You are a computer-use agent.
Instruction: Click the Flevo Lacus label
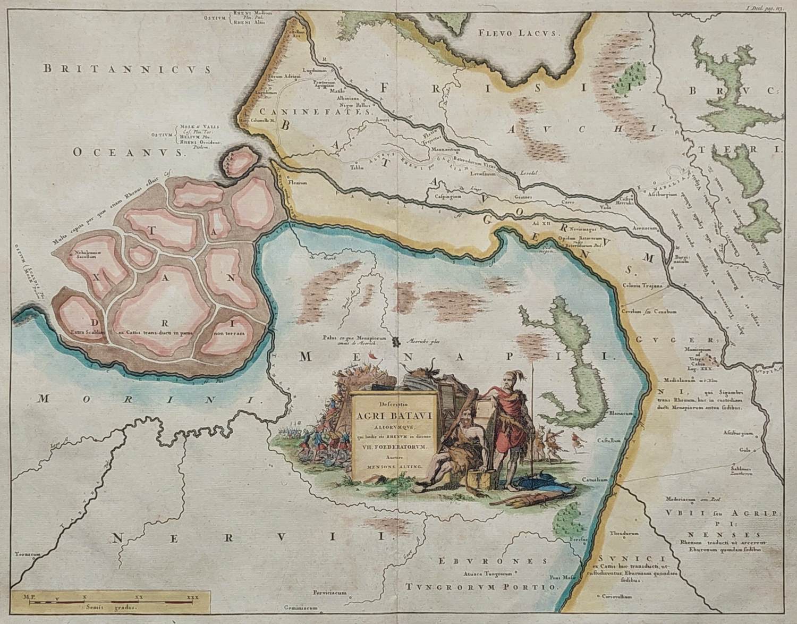[519, 33]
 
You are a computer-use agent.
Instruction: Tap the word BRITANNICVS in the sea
[128, 69]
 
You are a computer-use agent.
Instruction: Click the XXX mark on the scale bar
[192, 597]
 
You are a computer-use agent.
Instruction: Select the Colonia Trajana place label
[643, 286]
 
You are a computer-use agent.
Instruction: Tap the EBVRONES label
[493, 561]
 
